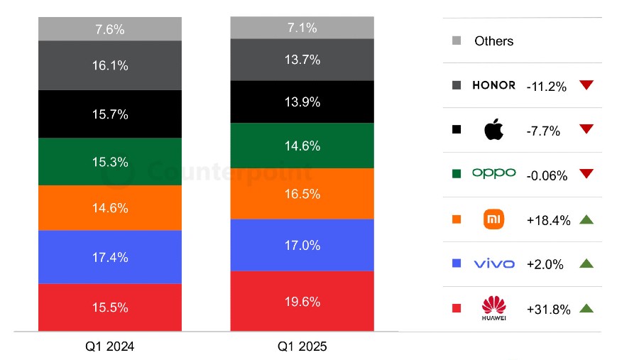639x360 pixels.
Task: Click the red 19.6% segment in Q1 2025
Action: pos(302,300)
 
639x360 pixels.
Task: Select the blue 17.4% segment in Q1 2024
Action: pos(110,256)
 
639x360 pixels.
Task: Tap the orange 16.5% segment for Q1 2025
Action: pos(302,193)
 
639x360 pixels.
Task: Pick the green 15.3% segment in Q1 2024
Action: pos(110,161)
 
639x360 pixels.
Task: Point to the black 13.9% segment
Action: pos(302,102)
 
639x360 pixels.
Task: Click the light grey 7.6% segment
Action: pos(110,29)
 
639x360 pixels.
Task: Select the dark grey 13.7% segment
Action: pos(302,60)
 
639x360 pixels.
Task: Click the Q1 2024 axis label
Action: pos(110,347)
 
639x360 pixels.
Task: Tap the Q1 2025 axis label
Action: pos(302,347)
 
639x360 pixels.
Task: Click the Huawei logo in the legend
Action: pos(494,308)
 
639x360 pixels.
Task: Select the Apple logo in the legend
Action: pos(494,130)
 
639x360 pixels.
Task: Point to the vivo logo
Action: pos(494,263)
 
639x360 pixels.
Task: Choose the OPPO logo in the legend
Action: pos(494,173)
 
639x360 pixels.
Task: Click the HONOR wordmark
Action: pos(494,85)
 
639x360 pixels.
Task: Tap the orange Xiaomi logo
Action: pos(494,219)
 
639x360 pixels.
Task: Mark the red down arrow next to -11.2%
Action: pos(586,85)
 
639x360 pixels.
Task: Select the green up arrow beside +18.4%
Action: pos(586,219)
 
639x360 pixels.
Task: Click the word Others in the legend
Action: pos(493,41)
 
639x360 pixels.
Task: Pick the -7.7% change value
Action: pos(543,131)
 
